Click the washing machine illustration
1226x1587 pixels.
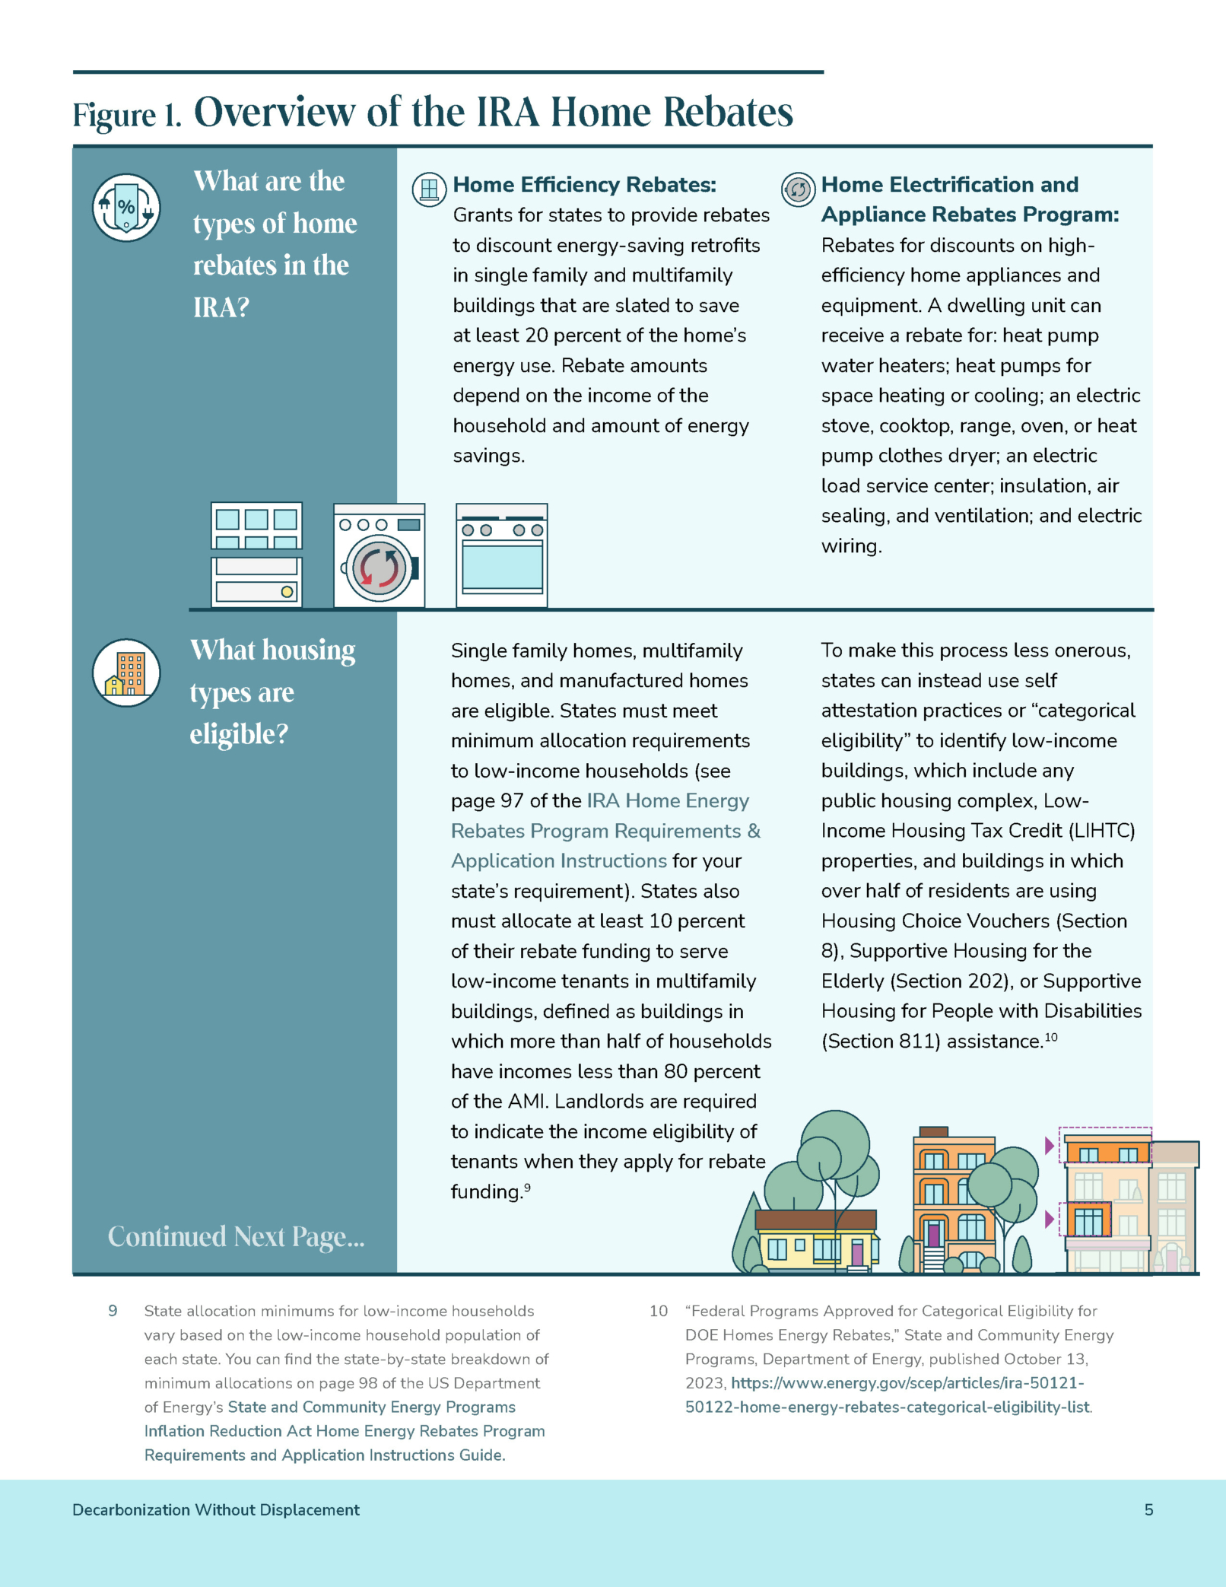(x=379, y=555)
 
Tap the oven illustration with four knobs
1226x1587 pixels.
(x=502, y=555)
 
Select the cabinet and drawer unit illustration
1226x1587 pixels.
(x=256, y=555)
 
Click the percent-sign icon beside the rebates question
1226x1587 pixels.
(x=126, y=207)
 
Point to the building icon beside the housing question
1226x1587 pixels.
(x=126, y=673)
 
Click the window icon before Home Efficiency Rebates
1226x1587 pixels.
(x=429, y=189)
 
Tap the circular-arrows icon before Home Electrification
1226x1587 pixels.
(x=798, y=189)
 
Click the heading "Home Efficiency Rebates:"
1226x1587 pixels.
(x=584, y=185)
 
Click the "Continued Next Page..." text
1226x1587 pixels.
(x=236, y=1237)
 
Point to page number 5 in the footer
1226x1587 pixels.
(x=1148, y=1509)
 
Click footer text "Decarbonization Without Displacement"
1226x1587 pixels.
(x=216, y=1509)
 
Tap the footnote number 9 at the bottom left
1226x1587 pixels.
(x=113, y=1311)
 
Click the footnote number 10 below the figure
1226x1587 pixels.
(x=658, y=1311)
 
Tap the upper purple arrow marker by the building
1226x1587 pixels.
(x=1050, y=1145)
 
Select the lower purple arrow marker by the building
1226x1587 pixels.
(x=1050, y=1220)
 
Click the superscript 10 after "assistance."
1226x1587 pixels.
(x=1050, y=1037)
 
